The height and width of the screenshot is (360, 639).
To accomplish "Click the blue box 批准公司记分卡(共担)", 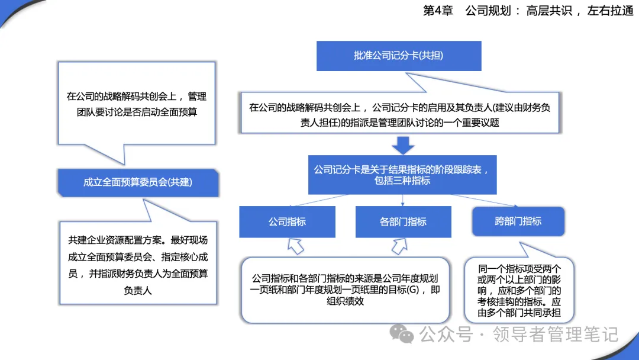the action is pos(399,56).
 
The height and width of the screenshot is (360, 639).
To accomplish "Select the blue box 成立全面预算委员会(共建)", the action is pos(138,182).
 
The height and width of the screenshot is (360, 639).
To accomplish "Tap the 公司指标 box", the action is pos(288,222).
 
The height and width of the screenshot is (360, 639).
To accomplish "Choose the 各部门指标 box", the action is pos(403,222).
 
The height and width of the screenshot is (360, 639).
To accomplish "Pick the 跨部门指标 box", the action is pos(518,221).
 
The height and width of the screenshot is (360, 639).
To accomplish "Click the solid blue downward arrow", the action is pos(403,146).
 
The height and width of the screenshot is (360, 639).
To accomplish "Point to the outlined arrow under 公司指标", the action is pos(295,246).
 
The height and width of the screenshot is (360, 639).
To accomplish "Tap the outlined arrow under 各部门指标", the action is pos(399,246).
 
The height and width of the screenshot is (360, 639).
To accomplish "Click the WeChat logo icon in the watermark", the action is pos(402,334).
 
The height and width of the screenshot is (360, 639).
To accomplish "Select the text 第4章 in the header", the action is pos(438,11).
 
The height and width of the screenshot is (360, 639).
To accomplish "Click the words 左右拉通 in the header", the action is pos(610,11).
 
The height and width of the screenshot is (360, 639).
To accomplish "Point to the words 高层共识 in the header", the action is pos(549,11).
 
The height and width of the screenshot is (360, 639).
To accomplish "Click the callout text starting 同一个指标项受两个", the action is pos(519,291).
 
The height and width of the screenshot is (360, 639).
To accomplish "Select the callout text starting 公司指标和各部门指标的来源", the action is pos(345,290).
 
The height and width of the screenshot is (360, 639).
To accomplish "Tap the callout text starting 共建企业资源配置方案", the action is pos(138,265).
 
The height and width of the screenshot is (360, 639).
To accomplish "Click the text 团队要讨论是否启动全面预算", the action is pos(137,112).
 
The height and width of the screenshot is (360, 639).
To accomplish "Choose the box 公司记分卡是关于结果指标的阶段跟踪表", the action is pos(402,175).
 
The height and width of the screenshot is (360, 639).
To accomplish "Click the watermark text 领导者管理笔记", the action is pos(556,335).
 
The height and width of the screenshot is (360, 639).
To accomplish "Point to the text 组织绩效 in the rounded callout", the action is pos(345,301).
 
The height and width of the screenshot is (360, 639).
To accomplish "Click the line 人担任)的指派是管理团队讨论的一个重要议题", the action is pos(400,123).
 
